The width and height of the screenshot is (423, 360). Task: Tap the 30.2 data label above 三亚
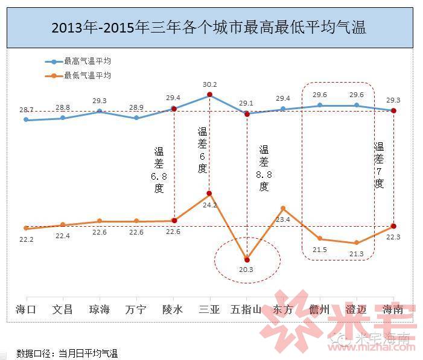(x=209, y=84)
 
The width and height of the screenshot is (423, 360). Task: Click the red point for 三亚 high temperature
(x=209, y=95)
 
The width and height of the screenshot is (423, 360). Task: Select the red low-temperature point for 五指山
(x=246, y=259)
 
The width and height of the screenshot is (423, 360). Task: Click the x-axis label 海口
(x=26, y=309)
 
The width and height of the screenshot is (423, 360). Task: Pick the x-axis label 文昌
(x=63, y=309)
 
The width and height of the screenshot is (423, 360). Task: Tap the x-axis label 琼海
(x=100, y=309)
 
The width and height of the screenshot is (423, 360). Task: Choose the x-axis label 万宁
(x=136, y=309)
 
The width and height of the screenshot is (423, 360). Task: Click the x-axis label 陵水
(x=173, y=309)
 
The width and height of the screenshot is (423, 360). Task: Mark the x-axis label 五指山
(x=246, y=309)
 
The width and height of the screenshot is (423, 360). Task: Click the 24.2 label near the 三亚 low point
(x=209, y=205)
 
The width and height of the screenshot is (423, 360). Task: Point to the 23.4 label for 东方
(x=282, y=219)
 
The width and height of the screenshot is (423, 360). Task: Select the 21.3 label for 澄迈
(x=356, y=254)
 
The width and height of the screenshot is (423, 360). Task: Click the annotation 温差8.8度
(x=264, y=168)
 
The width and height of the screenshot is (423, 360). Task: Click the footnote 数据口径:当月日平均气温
(x=67, y=353)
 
